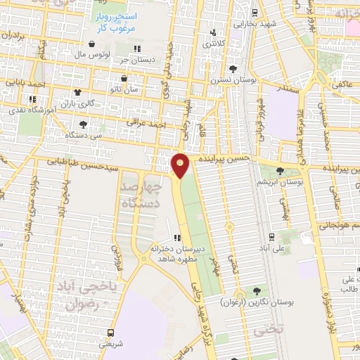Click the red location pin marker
pos(181,166)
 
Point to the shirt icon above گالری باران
pos(77,92)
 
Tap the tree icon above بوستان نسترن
pos(232,68)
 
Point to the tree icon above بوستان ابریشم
pos(280,171)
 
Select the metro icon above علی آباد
pos(271,237)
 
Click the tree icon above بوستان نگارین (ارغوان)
pos(256,290)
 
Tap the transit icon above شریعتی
pos(110,333)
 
